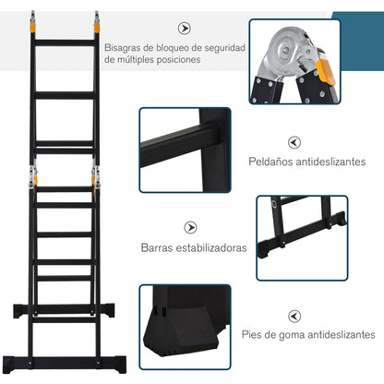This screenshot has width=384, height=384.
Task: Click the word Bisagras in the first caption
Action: (123, 47)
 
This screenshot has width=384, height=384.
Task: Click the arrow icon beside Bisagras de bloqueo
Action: (185, 29)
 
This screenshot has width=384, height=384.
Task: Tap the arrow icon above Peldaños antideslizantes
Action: (294, 142)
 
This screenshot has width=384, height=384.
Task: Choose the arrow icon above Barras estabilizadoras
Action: (190, 226)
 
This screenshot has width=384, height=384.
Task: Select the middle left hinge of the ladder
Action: (34, 174)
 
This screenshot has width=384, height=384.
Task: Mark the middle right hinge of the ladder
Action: (94, 174)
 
